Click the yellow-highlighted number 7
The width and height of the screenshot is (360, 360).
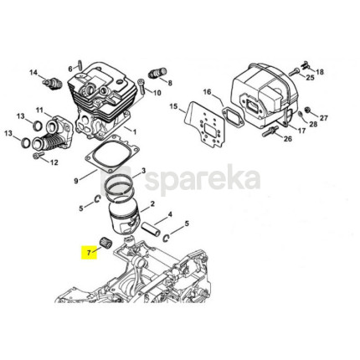(x=89, y=253)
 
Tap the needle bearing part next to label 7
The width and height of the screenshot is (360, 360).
(x=105, y=241)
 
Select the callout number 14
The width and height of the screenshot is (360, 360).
(x=33, y=73)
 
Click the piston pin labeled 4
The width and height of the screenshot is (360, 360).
(x=151, y=229)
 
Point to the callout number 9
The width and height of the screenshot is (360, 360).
(x=76, y=181)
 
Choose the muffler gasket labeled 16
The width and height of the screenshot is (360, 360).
(x=234, y=116)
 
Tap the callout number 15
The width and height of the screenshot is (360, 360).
(x=173, y=106)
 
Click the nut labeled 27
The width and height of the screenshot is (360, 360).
(x=307, y=110)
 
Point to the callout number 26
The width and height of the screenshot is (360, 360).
(x=288, y=138)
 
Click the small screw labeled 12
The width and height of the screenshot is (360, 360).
(x=37, y=156)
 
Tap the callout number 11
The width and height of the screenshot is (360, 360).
(x=39, y=111)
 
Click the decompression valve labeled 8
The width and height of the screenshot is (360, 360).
(x=158, y=73)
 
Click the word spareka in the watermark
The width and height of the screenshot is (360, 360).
(x=203, y=177)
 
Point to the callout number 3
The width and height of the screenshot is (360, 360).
(x=143, y=171)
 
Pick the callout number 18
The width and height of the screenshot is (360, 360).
(x=320, y=72)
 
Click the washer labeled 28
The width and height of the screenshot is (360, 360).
(x=300, y=115)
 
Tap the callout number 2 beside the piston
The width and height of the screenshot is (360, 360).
(x=152, y=204)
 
